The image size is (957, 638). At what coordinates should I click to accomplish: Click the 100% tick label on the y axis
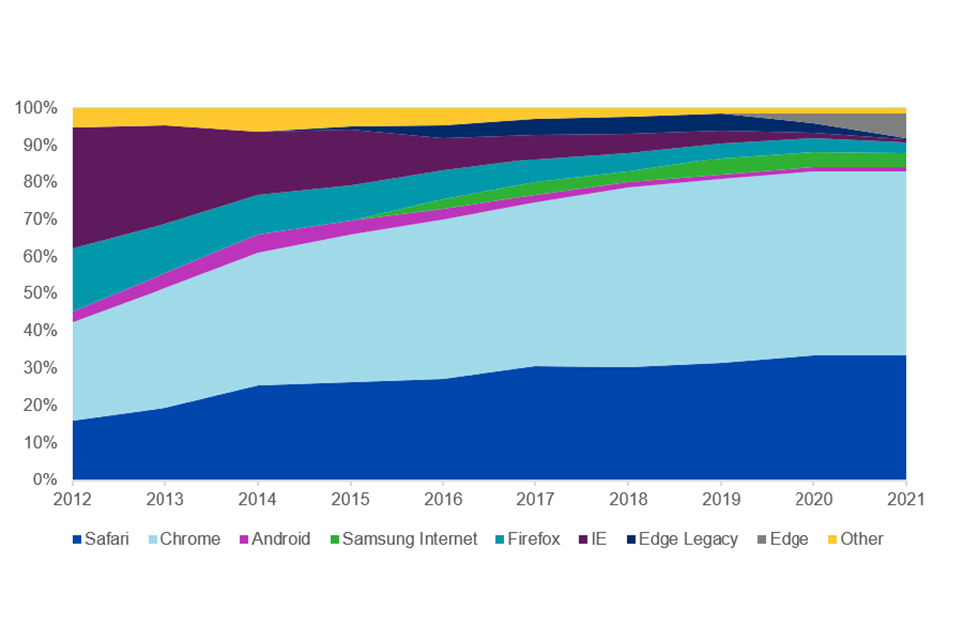click(x=36, y=108)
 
